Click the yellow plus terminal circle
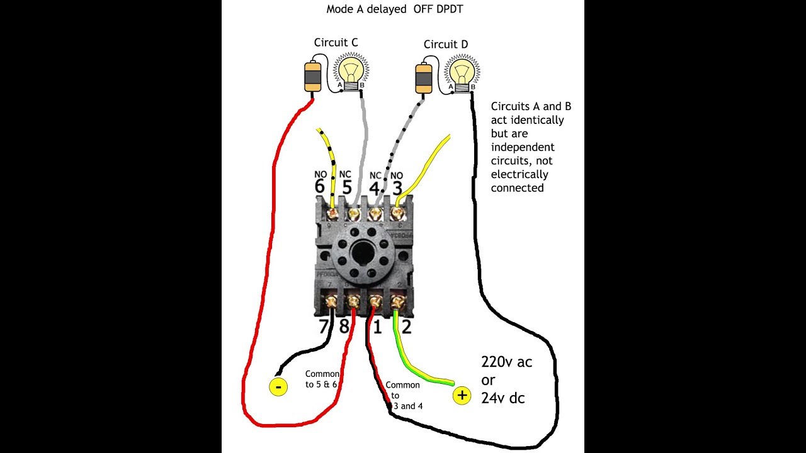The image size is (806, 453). (462, 395)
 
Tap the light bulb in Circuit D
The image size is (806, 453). (462, 70)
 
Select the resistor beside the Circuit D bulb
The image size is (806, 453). (423, 77)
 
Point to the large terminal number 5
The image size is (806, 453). (347, 187)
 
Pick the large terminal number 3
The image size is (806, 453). (397, 187)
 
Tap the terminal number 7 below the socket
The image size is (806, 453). (323, 326)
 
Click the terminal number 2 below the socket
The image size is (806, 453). (406, 326)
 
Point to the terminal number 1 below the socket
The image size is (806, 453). (378, 326)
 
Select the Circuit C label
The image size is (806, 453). (336, 42)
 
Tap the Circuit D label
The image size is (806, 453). (446, 44)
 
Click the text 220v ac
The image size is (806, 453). (506, 362)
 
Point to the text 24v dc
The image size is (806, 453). (503, 398)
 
